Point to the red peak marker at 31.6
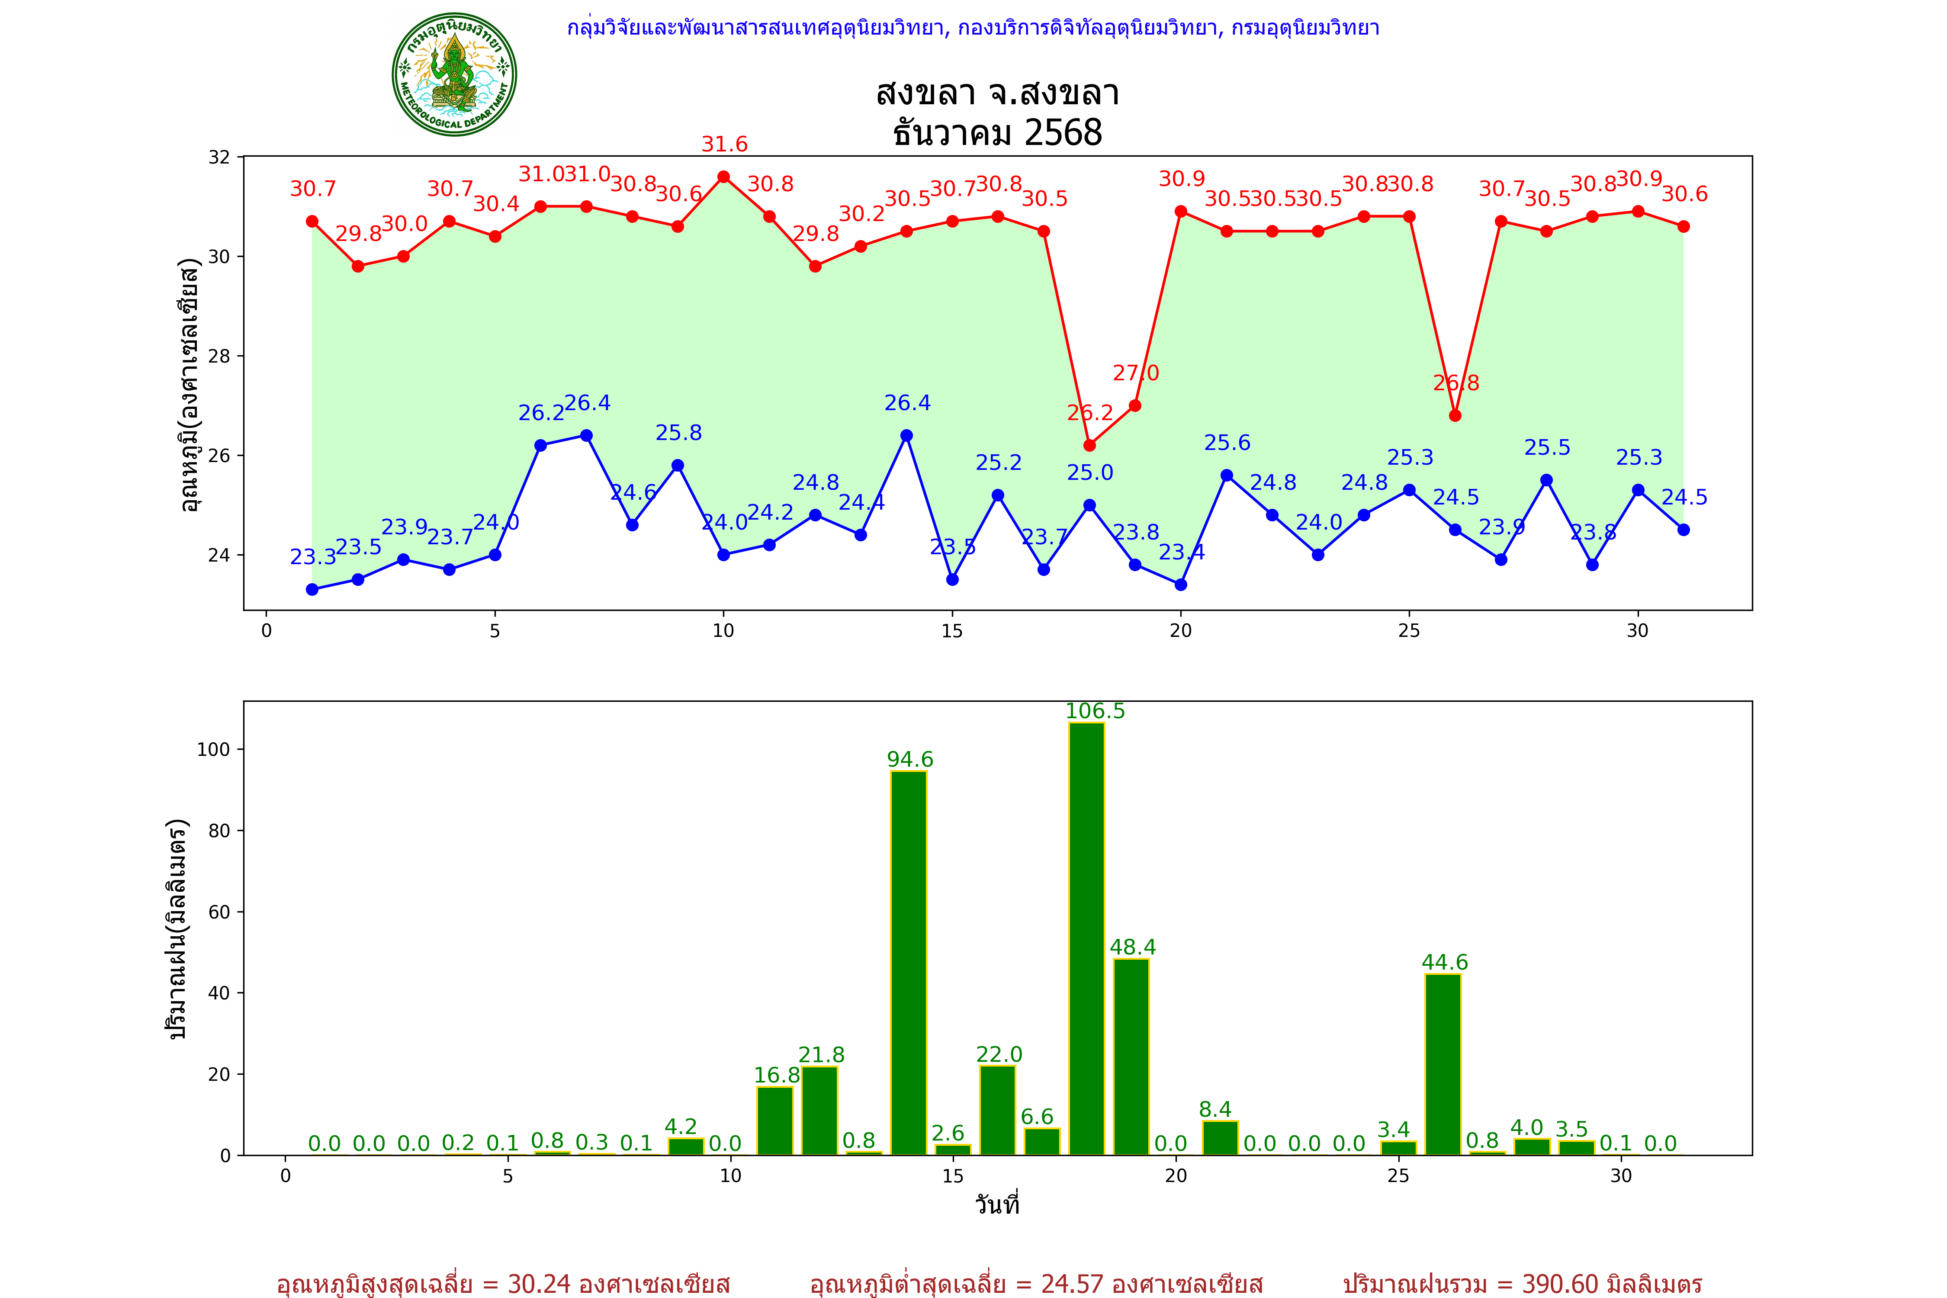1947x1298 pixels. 723,177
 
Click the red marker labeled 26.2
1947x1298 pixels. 1089,445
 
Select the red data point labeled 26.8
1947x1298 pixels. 1455,415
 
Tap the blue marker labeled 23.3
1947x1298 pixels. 312,589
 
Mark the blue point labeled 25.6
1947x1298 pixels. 1227,475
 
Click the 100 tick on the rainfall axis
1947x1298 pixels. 213,749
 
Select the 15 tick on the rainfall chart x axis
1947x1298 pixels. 953,1176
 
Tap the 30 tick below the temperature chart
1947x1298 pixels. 1637,631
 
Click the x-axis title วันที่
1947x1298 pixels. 997,1205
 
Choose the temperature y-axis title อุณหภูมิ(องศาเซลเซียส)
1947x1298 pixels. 190,385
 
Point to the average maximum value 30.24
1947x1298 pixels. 539,1284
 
